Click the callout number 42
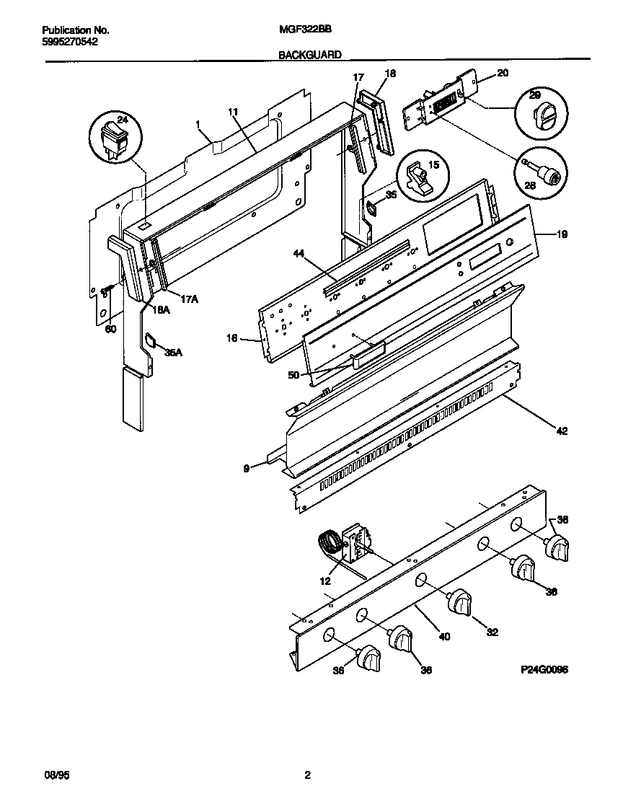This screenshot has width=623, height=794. (562, 431)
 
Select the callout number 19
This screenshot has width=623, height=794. (562, 234)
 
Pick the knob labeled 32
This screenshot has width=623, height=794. (460, 602)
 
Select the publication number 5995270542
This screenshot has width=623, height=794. (70, 42)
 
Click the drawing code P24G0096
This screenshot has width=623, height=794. (544, 669)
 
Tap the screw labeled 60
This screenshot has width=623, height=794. (107, 290)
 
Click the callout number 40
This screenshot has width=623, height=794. (444, 637)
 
